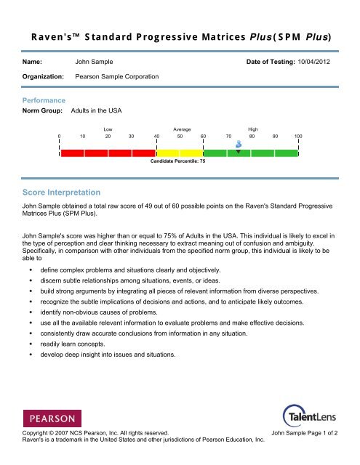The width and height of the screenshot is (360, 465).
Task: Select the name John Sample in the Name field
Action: [94, 62]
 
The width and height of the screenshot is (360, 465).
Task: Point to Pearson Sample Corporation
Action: [118, 76]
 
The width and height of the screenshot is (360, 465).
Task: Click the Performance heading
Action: [44, 100]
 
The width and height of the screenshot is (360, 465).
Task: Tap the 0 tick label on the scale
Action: [60, 136]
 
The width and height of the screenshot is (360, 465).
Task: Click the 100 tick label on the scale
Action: [298, 136]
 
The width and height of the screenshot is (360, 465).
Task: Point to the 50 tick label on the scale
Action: [180, 136]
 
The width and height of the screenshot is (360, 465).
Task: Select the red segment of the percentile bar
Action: [108, 153]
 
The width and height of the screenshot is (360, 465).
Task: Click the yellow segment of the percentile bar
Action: [180, 153]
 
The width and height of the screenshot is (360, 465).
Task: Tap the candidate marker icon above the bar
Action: [239, 144]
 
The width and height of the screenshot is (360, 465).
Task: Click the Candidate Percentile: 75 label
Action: [178, 161]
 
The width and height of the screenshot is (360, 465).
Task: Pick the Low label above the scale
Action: [108, 129]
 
